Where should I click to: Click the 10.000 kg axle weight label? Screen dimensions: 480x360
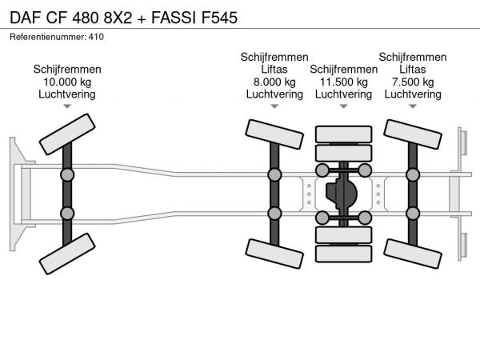pyautogui.click(x=67, y=82)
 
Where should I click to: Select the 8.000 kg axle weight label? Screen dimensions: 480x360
pyautogui.click(x=274, y=82)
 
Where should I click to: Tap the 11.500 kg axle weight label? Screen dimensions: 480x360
pyautogui.click(x=343, y=82)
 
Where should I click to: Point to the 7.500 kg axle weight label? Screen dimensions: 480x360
pyautogui.click(x=413, y=82)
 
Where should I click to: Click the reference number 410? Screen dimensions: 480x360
pyautogui.click(x=96, y=37)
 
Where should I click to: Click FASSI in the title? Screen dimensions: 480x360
pyautogui.click(x=174, y=18)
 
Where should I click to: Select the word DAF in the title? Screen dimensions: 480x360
pyautogui.click(x=26, y=18)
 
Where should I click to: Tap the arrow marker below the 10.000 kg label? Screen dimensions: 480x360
pyautogui.click(x=67, y=106)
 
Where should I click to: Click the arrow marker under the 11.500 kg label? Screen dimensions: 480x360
pyautogui.click(x=343, y=106)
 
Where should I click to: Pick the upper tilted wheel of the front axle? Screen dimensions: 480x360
pyautogui.click(x=67, y=134)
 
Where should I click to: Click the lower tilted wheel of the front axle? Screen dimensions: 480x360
pyautogui.click(x=67, y=254)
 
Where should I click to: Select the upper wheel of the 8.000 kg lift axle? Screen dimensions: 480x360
pyautogui.click(x=274, y=134)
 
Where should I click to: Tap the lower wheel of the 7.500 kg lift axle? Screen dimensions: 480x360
pyautogui.click(x=413, y=254)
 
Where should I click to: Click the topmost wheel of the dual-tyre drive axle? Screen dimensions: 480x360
pyautogui.click(x=343, y=134)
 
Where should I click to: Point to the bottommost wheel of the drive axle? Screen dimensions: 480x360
pyautogui.click(x=343, y=254)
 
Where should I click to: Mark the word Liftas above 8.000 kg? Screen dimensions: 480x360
pyautogui.click(x=274, y=70)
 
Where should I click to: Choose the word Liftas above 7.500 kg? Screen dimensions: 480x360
pyautogui.click(x=413, y=70)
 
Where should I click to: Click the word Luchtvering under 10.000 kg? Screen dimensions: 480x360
pyautogui.click(x=67, y=94)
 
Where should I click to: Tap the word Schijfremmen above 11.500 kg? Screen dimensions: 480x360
pyautogui.click(x=343, y=70)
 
